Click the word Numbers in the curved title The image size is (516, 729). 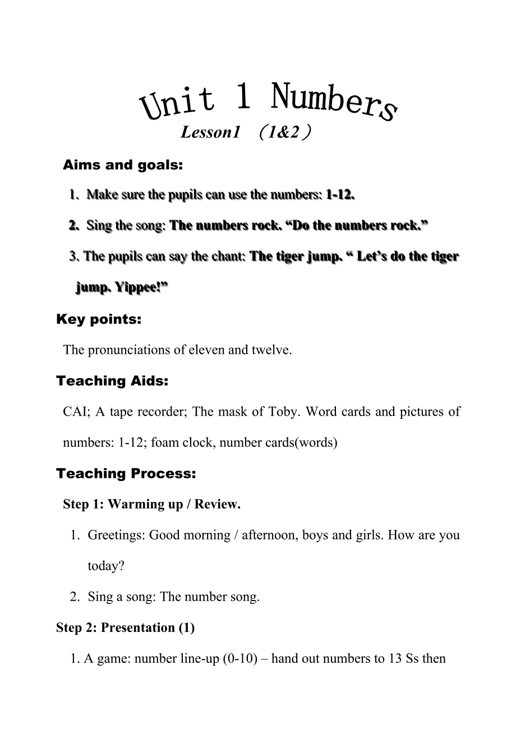pos(334,102)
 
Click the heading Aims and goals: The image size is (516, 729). pos(123,165)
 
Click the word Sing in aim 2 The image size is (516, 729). pos(99,226)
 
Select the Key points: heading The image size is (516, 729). pos(99,320)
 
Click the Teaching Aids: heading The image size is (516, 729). pos(112,381)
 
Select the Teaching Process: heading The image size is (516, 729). pos(126,474)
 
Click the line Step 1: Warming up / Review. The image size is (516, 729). pos(151,505)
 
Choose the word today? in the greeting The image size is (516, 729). pos(106,566)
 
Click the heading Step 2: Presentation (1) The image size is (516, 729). pos(125,628)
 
